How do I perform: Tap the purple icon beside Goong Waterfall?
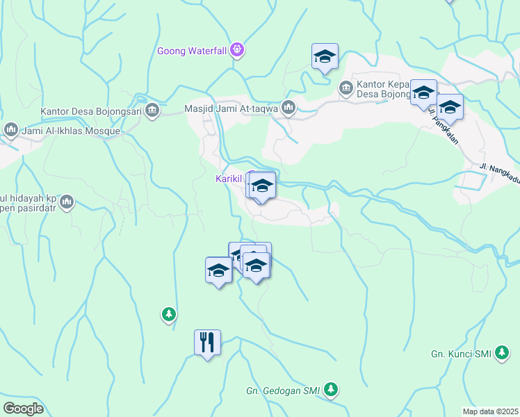click(237, 49)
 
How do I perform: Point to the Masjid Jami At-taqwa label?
click(231, 108)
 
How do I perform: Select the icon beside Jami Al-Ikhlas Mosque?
click(10, 130)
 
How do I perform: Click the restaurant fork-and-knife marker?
click(207, 343)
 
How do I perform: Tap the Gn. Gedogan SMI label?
click(283, 391)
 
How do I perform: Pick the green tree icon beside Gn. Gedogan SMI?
click(332, 390)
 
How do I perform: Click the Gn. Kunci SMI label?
click(461, 354)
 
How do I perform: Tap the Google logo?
click(23, 408)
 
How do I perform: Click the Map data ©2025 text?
click(490, 411)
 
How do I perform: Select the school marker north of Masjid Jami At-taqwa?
click(325, 57)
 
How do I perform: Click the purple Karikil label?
click(228, 179)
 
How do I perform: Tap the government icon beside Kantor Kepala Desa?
click(346, 88)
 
